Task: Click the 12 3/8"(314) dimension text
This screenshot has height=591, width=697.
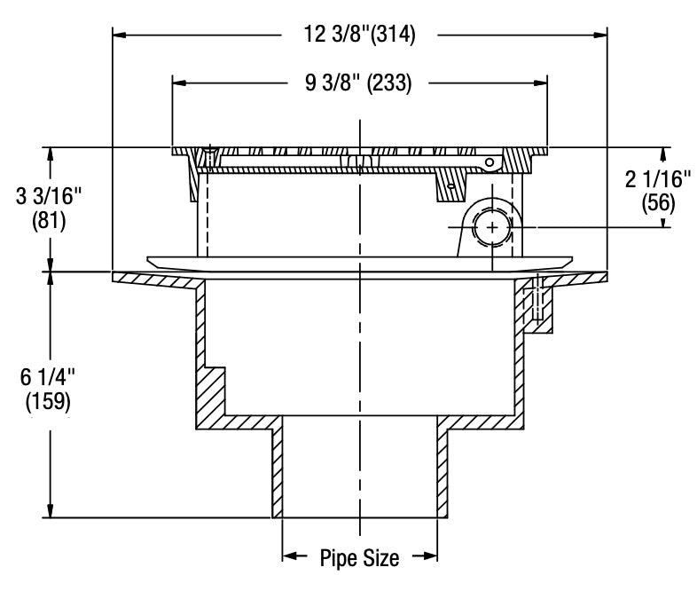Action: click(x=359, y=35)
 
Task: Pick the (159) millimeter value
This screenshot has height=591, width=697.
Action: click(x=45, y=401)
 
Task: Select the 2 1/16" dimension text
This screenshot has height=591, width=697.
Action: click(x=657, y=180)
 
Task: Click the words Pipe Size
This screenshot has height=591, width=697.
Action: click(x=359, y=558)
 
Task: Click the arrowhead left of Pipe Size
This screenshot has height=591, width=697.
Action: click(x=290, y=558)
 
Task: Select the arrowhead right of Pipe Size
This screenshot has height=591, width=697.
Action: click(x=431, y=558)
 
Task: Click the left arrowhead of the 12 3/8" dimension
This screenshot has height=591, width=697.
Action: click(x=119, y=35)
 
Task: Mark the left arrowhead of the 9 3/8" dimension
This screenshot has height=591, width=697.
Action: click(x=179, y=84)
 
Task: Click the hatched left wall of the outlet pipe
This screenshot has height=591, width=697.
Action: click(x=278, y=470)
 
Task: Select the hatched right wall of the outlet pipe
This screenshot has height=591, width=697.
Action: click(x=442, y=470)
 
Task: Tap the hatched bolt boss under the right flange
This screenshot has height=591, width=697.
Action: click(x=543, y=306)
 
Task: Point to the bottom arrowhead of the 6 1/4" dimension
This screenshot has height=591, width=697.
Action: click(x=50, y=510)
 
